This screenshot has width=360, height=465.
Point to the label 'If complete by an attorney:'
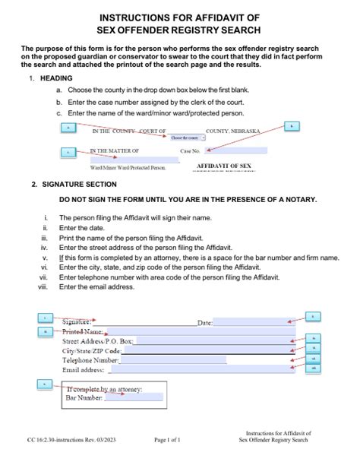(x=104, y=389)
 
